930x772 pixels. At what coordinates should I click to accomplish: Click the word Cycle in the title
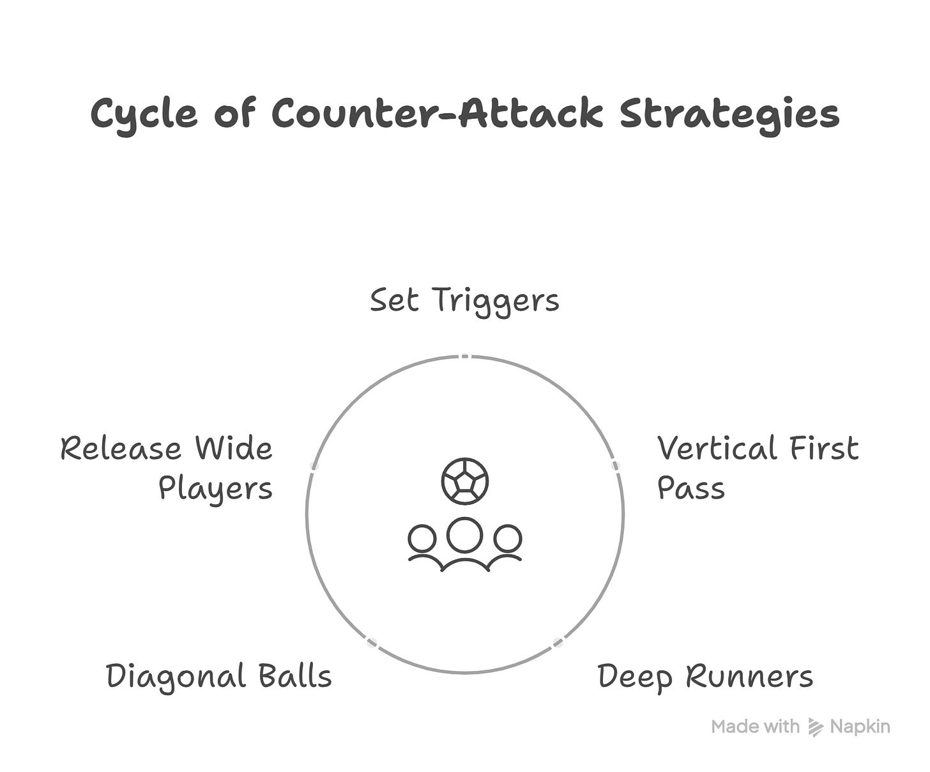click(144, 114)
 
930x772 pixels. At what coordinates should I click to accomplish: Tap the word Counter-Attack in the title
click(437, 114)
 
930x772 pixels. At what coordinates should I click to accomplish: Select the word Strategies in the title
click(729, 114)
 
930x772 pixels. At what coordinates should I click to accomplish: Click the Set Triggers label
click(464, 300)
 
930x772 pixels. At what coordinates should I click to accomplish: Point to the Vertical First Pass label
click(758, 467)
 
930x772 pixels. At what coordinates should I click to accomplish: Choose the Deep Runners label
click(705, 676)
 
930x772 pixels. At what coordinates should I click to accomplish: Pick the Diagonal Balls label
click(219, 676)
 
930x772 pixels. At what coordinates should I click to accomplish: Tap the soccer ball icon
click(465, 481)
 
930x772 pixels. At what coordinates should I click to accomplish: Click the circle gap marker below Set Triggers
click(465, 356)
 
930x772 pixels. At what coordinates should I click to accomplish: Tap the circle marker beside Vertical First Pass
click(616, 465)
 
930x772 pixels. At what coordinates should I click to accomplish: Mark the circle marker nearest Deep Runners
click(558, 642)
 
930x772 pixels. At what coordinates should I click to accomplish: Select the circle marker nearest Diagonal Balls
click(372, 642)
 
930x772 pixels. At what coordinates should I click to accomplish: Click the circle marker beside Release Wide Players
click(314, 465)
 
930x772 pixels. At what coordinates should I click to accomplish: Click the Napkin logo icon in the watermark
click(815, 727)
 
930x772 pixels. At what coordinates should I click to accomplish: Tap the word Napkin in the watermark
click(860, 727)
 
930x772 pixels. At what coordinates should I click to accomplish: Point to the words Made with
click(755, 727)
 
